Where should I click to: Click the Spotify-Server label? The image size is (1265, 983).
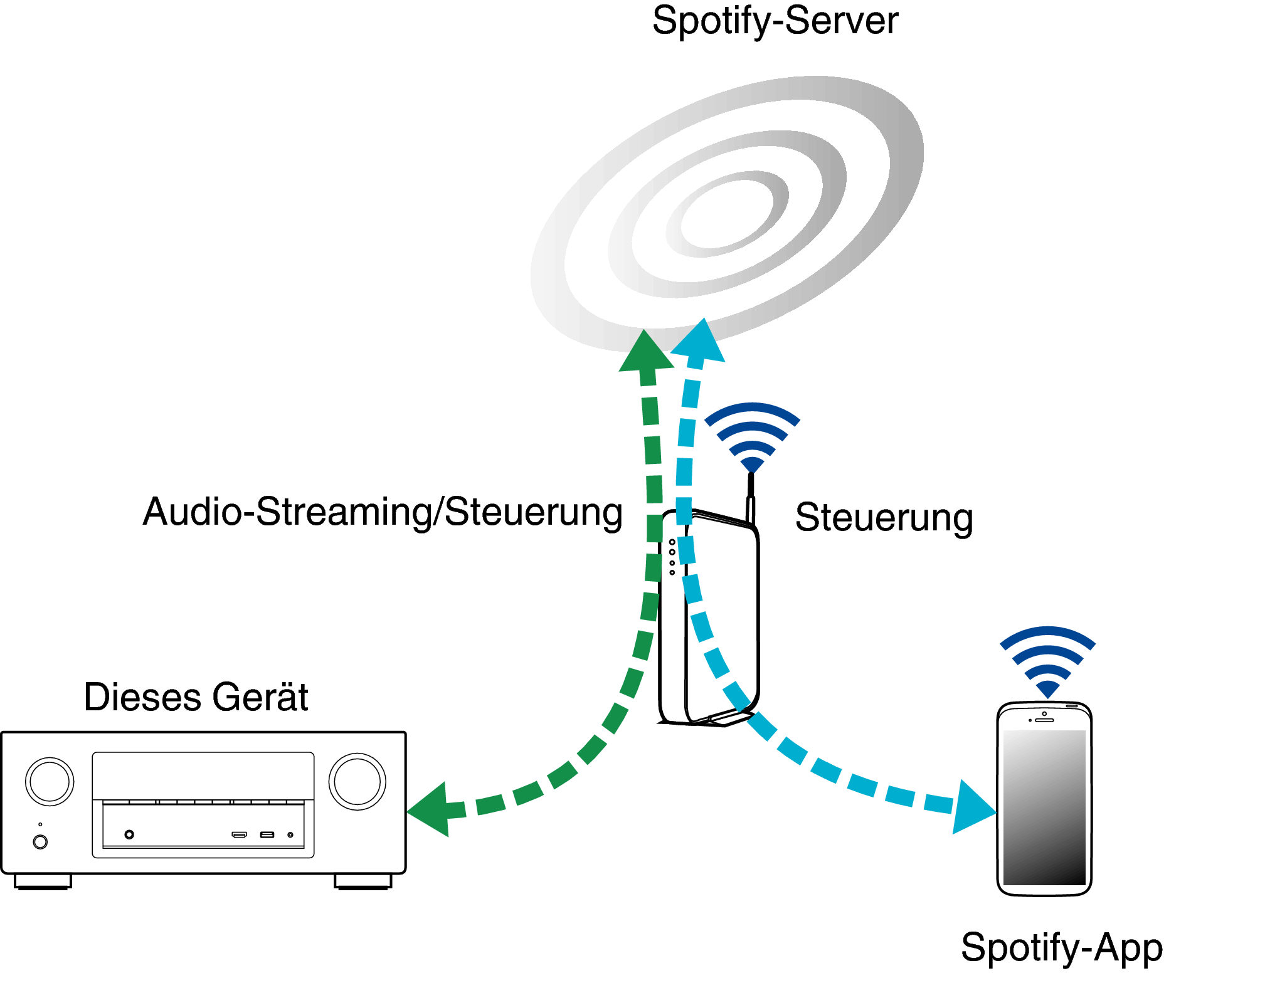pyautogui.click(x=775, y=21)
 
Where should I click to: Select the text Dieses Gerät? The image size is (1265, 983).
pyautogui.click(x=196, y=697)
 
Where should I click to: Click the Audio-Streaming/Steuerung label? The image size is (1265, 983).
pyautogui.click(x=383, y=512)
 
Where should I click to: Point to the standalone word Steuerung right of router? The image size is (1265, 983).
pyautogui.click(x=884, y=518)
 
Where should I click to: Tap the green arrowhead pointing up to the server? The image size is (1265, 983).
pyautogui.click(x=645, y=352)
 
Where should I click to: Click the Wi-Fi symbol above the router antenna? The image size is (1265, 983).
pyautogui.click(x=752, y=436)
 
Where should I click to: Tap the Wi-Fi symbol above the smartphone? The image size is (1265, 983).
pyautogui.click(x=1047, y=660)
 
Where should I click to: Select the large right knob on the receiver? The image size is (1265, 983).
pyautogui.click(x=357, y=781)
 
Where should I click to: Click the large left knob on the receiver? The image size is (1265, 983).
pyautogui.click(x=50, y=781)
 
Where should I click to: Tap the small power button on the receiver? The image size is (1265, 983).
pyautogui.click(x=40, y=842)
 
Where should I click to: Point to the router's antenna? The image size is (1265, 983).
pyautogui.click(x=750, y=499)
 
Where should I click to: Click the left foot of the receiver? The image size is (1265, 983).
pyautogui.click(x=43, y=881)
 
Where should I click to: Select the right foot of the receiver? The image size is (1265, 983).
pyautogui.click(x=363, y=881)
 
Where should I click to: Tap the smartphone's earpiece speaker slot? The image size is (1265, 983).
pyautogui.click(x=1044, y=720)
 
